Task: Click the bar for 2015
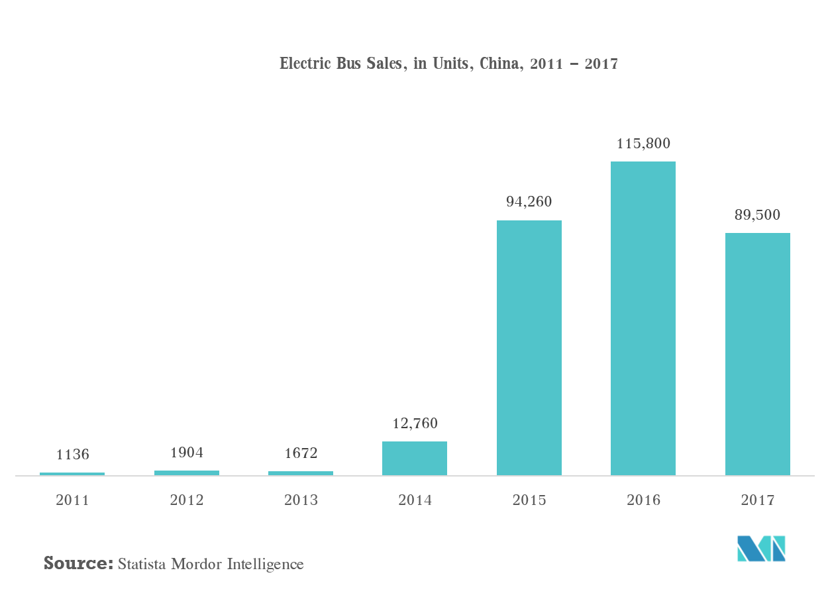(x=529, y=347)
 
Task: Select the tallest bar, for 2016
(x=643, y=318)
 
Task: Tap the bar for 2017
(x=757, y=354)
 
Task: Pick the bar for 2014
(x=415, y=458)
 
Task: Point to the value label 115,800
(x=643, y=143)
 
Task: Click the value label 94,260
(x=529, y=202)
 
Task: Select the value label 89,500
(x=757, y=215)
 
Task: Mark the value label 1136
(x=72, y=455)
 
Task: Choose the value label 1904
(x=186, y=453)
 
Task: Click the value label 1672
(x=301, y=453)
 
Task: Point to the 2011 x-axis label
(x=72, y=500)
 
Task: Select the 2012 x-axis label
(x=186, y=500)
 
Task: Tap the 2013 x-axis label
(x=301, y=500)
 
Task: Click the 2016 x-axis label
(x=643, y=500)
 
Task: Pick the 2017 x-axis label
(x=757, y=500)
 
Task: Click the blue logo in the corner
(x=761, y=548)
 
